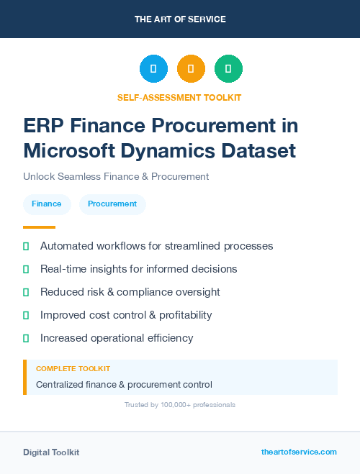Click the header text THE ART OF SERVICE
180,19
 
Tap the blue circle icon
153,69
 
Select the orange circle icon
191,69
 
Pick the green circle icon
228,69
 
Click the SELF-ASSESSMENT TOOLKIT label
180,97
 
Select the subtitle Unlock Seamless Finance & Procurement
116,176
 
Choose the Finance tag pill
47,204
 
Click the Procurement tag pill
112,204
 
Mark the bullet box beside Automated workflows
26,246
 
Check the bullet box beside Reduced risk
26,292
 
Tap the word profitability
179,315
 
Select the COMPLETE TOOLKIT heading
73,368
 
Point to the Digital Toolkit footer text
51,452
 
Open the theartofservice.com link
299,452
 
